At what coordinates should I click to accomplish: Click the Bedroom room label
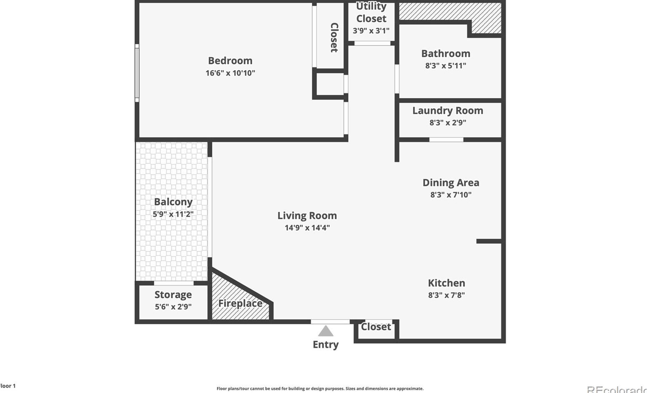230,61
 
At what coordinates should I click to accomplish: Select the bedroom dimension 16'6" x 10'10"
230,73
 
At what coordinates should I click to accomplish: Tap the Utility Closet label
371,13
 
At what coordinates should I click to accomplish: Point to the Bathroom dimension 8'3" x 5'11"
446,66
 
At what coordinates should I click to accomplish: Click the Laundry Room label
448,111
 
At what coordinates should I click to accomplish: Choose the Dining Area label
451,183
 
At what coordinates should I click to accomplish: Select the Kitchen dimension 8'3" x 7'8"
446,295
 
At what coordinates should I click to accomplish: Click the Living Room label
307,216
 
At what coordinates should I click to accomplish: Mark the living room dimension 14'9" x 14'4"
307,228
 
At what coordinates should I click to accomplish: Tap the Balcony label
173,202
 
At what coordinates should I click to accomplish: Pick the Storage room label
173,294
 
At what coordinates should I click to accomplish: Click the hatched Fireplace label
241,304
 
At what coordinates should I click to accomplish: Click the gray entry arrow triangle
326,332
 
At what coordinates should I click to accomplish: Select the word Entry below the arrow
326,345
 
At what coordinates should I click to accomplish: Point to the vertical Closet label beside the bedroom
334,38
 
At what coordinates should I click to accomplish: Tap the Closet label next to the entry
376,327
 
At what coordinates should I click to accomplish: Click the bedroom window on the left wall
137,73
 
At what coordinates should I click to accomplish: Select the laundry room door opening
446,139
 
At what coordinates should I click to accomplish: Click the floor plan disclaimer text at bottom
320,388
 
